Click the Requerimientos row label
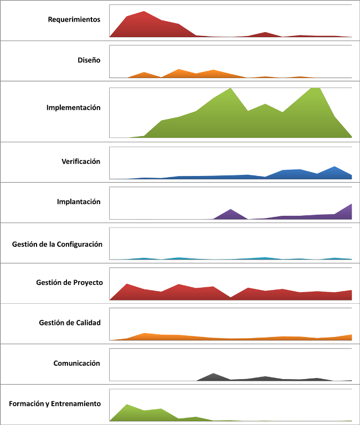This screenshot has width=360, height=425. (74, 19)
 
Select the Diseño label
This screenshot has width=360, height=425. (89, 60)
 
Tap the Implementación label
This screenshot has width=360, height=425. (74, 107)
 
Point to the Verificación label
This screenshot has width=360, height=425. (81, 162)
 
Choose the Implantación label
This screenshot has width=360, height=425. (79, 202)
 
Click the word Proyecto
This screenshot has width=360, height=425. (89, 282)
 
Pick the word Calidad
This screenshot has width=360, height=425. (89, 323)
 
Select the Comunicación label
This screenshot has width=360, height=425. (76, 364)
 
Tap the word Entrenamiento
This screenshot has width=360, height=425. (76, 404)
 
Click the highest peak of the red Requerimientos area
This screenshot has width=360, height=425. (144, 12)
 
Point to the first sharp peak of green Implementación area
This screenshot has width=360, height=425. (230, 89)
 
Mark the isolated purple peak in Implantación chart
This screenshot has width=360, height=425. (230, 210)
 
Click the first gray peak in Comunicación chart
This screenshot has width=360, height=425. (214, 374)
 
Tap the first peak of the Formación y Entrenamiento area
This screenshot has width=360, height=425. (127, 405)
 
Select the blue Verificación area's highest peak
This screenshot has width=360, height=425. (335, 167)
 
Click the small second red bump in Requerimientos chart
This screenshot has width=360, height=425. (265, 33)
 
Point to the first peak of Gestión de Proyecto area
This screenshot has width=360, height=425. (127, 284)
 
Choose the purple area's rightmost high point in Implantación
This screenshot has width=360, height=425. (351, 205)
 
